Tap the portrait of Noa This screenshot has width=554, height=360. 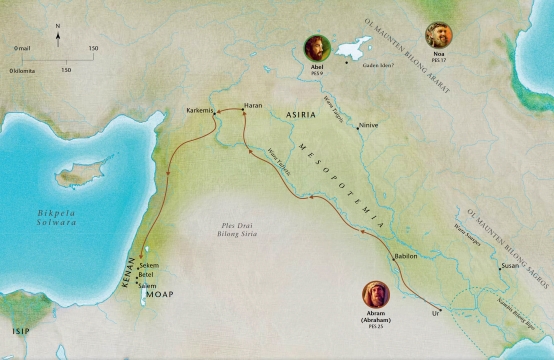[x=438, y=35]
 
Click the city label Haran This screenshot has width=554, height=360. [x=252, y=104]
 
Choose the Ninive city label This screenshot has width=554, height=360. [x=369, y=128]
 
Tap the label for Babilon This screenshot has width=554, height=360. [x=406, y=256]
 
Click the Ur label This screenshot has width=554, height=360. [x=435, y=313]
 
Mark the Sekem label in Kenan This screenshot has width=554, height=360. [x=149, y=265]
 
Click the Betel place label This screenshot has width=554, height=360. [x=147, y=274]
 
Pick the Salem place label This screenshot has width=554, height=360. [x=148, y=285]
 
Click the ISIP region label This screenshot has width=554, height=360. [x=22, y=328]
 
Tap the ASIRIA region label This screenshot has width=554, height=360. [x=301, y=116]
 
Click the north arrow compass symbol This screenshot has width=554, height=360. [x=58, y=39]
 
